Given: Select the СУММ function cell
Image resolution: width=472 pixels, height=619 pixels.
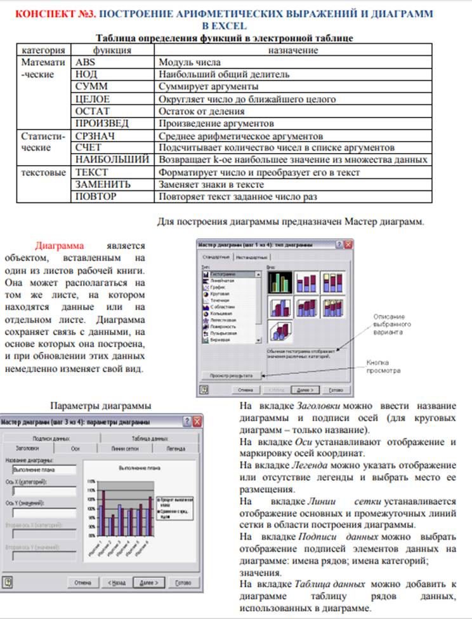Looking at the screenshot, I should pyautogui.click(x=91, y=86).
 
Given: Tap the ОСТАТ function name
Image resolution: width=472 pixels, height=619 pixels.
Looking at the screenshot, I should pyautogui.click(x=93, y=111).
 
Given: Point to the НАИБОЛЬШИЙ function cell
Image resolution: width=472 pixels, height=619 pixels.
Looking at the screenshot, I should pyautogui.click(x=113, y=159).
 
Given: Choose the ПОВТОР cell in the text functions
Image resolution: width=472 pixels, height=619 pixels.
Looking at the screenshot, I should pyautogui.click(x=96, y=196).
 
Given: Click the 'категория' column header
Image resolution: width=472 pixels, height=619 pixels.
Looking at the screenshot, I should pyautogui.click(x=43, y=50).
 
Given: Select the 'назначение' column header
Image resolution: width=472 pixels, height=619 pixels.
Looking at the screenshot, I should pyautogui.click(x=293, y=50).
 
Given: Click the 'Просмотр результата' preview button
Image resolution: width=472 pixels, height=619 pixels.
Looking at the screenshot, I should pyautogui.click(x=232, y=375).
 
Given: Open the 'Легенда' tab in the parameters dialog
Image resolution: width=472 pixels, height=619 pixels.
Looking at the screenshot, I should pyautogui.click(x=176, y=448).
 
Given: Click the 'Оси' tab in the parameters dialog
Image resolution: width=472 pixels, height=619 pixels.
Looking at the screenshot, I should pyautogui.click(x=75, y=448).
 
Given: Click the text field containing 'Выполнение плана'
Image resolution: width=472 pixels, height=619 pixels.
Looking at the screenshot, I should pyautogui.click(x=44, y=470).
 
